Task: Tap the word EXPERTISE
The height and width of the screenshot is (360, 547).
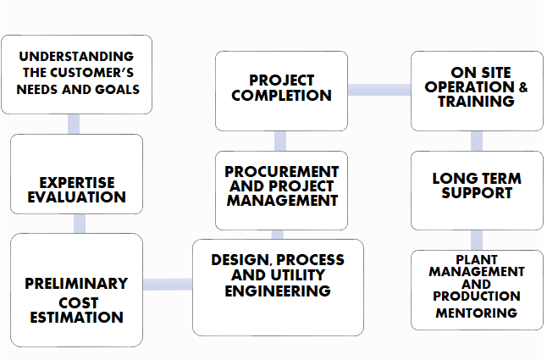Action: [77, 183]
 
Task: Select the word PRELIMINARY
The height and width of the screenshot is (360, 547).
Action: [76, 284]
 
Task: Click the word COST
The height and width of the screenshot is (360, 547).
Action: [79, 302]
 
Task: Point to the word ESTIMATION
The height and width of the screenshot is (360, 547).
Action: [77, 318]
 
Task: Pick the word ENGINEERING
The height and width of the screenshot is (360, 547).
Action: [278, 291]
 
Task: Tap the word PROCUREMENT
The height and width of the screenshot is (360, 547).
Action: [281, 172]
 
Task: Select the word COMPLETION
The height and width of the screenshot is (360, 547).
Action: [281, 95]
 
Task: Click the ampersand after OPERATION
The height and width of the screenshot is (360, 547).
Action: [523, 87]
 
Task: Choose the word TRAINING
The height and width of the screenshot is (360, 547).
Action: [476, 102]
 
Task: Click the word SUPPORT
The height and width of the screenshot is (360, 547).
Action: [477, 193]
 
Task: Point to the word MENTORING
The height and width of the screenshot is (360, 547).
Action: [477, 313]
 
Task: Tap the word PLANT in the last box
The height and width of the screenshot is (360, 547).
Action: [477, 259]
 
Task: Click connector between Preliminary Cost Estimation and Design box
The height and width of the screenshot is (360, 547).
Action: [168, 285]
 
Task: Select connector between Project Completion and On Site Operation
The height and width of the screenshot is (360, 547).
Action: [379, 90]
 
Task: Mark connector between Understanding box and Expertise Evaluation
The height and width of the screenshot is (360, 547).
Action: [74, 125]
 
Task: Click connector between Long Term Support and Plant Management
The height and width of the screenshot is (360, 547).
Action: [477, 240]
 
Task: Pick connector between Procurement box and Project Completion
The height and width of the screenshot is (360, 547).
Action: [280, 141]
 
